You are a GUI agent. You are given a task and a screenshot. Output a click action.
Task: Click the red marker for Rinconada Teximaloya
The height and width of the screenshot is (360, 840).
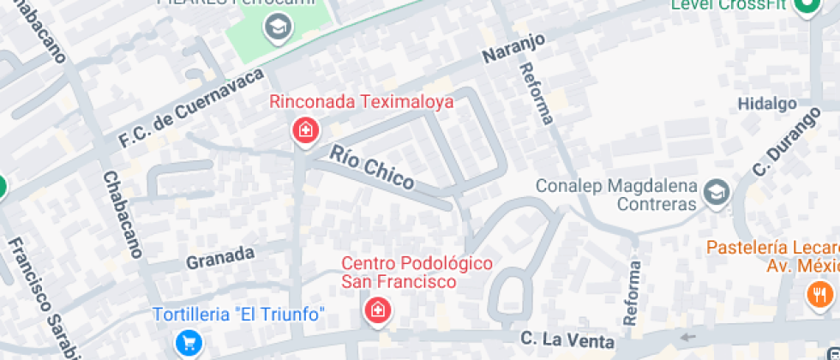click(305, 132)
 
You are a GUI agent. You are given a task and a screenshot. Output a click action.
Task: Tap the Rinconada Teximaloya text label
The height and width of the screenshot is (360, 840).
click(361, 102)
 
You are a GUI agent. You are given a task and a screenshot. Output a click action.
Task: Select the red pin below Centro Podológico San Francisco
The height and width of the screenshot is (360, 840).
click(376, 311)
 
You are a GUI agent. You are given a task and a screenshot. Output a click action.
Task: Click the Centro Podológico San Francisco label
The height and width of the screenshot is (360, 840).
click(417, 272)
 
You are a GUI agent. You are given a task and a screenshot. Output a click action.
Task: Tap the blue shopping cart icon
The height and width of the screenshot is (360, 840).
click(188, 344)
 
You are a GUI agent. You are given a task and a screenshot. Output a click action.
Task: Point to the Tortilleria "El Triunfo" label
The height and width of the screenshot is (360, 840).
click(239, 315)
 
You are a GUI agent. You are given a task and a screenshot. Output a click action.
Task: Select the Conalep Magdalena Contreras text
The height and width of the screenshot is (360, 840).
click(615, 195)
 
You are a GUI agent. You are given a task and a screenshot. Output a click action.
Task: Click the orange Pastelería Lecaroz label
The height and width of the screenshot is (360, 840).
click(771, 255)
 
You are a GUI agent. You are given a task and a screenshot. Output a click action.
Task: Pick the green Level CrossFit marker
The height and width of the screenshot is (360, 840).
click(807, 8)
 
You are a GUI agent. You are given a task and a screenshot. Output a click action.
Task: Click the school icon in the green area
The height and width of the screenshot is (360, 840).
click(279, 29)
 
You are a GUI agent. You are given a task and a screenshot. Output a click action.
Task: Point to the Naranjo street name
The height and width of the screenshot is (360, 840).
click(513, 49)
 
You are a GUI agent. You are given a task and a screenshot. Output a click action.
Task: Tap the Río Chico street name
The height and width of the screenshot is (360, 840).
click(371, 167)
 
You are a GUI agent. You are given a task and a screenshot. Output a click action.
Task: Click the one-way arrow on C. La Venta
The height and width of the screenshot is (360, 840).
click(688, 337)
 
